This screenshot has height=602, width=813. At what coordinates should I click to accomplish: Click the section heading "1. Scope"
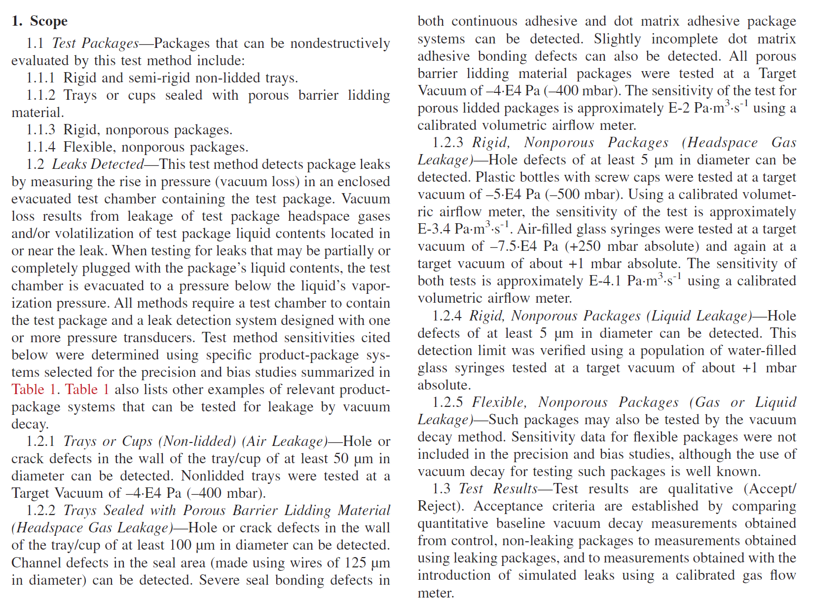(39, 21)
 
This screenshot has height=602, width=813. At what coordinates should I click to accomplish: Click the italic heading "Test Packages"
(95, 43)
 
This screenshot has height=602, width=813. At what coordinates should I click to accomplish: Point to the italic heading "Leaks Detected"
(98, 164)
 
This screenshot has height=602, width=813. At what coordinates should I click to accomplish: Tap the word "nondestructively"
(340, 43)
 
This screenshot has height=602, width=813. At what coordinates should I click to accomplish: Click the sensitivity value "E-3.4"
(434, 229)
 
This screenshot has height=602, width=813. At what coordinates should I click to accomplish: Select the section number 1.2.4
(447, 316)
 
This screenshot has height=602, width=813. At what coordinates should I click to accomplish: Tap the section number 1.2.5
(447, 402)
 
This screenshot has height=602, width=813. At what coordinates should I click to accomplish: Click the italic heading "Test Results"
(497, 489)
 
